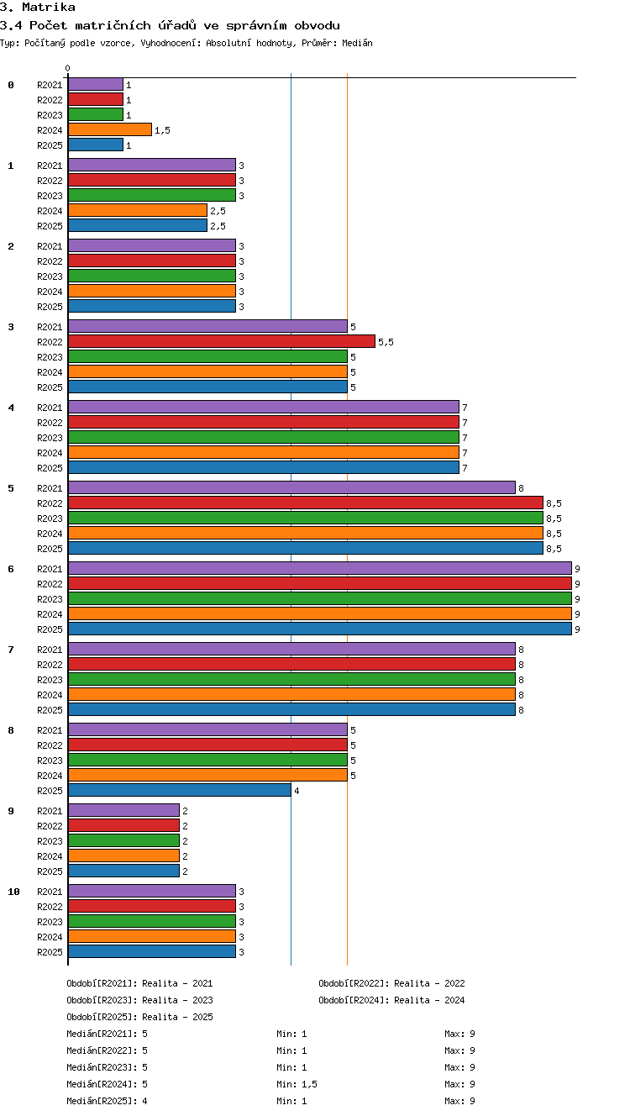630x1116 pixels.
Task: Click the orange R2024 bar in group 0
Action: pos(110,129)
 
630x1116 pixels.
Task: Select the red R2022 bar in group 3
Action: pos(222,341)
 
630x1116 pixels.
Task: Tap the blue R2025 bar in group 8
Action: pos(180,790)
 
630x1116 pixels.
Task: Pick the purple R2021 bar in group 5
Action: pos(291,487)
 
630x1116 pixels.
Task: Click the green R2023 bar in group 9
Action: pos(124,840)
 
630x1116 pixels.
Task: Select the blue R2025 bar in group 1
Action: pos(138,225)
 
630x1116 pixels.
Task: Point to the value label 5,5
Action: pos(386,342)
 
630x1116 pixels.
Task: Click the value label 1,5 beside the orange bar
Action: pos(162,130)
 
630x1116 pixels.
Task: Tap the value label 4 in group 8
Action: pos(297,791)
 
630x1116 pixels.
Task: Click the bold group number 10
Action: pos(14,892)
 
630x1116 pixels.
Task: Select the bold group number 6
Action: pos(11,568)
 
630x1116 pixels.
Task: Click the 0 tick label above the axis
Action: pos(68,68)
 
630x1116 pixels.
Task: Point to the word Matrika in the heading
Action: pos(49,7)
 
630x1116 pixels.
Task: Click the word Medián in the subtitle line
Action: pos(357,43)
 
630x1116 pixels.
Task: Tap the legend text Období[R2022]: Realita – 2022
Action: pos(391,983)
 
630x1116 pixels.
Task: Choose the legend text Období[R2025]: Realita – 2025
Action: pos(139,1016)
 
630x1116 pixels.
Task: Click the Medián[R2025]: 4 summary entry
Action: pos(107,1101)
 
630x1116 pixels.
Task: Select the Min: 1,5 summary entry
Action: pos(297,1083)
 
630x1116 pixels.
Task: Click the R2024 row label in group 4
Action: pos(50,453)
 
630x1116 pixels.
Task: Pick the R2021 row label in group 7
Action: pos(50,649)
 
